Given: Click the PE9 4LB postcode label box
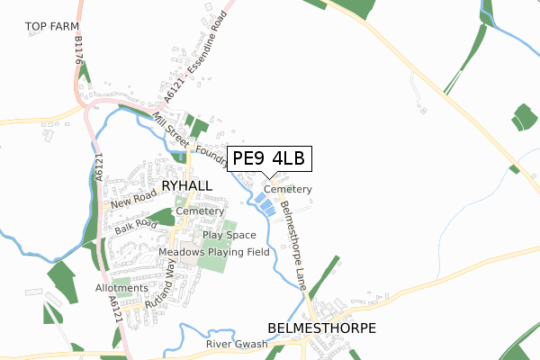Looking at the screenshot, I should [268, 159].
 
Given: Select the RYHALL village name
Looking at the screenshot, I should [187, 185].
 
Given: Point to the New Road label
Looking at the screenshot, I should [131, 200].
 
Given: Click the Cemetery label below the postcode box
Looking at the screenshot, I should [288, 190].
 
